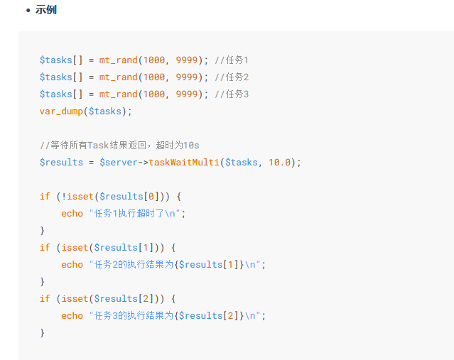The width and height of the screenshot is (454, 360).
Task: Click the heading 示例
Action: [46, 10]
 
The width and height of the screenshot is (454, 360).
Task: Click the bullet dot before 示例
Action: [28, 10]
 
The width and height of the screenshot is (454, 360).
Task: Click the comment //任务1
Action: [232, 60]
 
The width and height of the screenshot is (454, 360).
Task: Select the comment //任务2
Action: [232, 77]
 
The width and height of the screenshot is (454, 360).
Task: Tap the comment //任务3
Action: [232, 94]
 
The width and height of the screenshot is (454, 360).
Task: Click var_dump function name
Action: [61, 111]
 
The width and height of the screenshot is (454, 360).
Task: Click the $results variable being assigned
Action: [61, 163]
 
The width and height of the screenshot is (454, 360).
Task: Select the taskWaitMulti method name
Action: [184, 163]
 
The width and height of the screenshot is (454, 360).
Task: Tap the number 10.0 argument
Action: [279, 163]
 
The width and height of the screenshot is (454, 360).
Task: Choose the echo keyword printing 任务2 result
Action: [72, 264]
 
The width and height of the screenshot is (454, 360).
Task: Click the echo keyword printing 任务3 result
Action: [72, 315]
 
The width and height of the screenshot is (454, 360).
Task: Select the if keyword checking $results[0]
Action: [45, 197]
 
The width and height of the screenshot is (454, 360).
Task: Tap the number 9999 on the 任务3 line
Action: [187, 94]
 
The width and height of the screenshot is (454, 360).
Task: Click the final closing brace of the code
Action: [42, 332]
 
